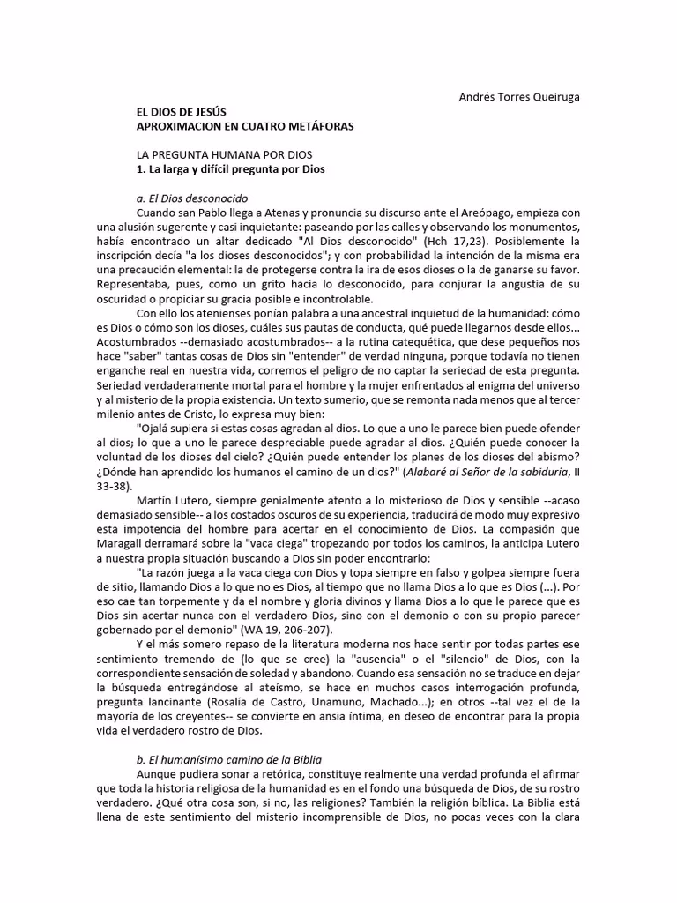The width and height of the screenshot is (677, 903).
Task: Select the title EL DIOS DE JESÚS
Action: click(x=182, y=113)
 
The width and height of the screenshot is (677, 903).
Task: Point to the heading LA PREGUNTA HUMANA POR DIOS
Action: click(x=218, y=154)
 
